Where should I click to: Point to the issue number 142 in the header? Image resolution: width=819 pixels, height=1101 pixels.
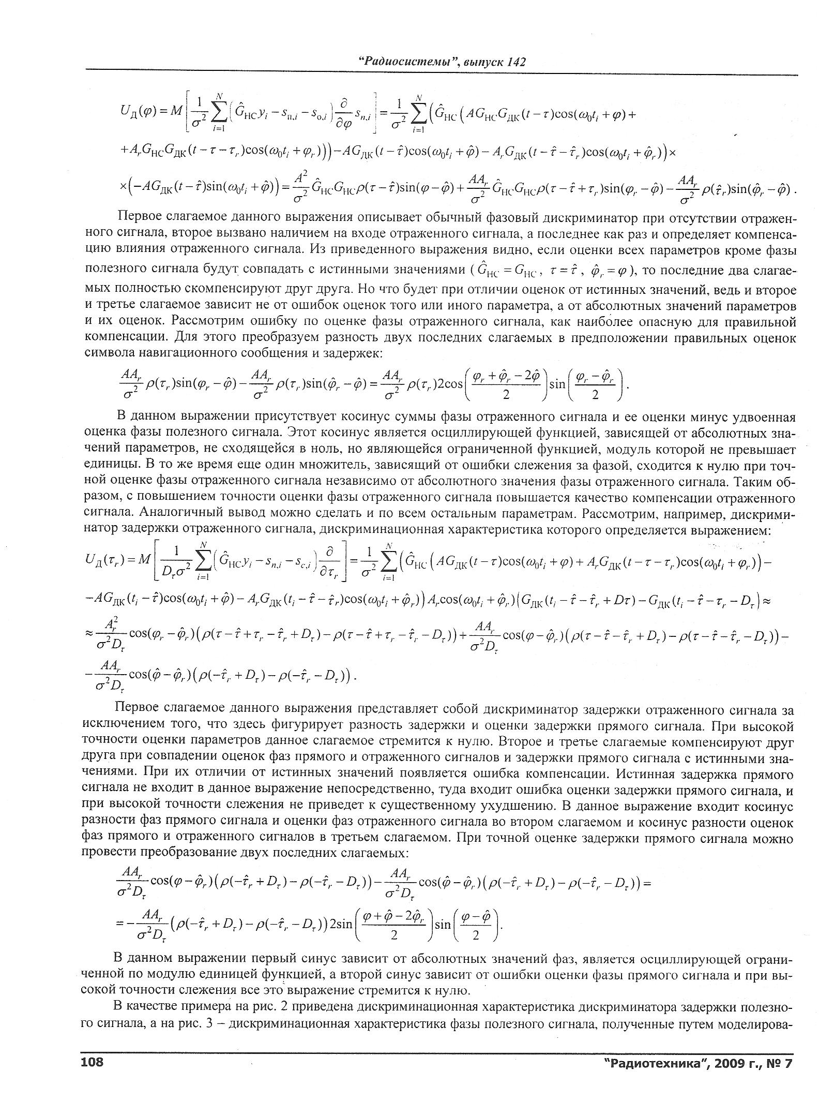coord(517,62)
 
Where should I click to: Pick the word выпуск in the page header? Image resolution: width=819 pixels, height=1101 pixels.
coord(484,62)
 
